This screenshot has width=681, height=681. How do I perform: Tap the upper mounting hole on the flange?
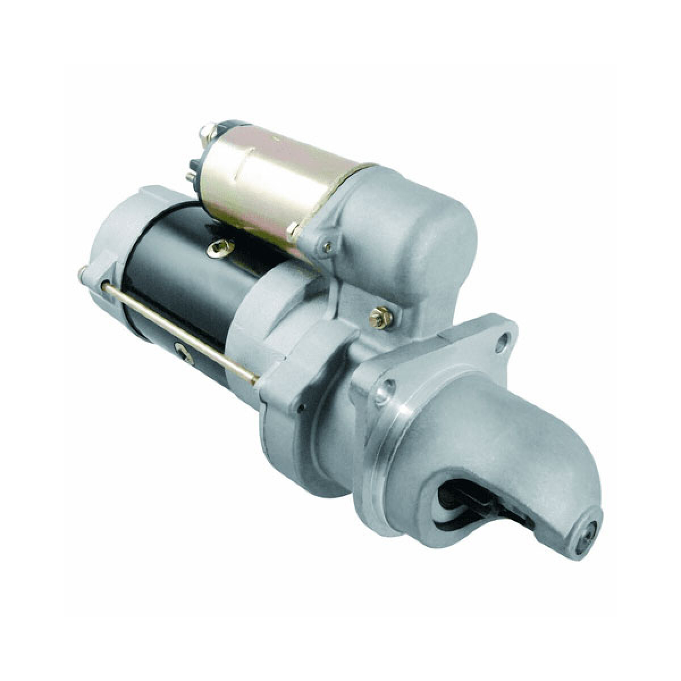[501, 341]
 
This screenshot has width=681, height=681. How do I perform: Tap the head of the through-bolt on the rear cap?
[83, 275]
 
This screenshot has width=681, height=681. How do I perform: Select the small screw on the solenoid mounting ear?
[327, 246]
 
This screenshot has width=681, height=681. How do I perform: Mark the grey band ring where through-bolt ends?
[250, 340]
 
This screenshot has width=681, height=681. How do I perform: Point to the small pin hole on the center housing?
[303, 406]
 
